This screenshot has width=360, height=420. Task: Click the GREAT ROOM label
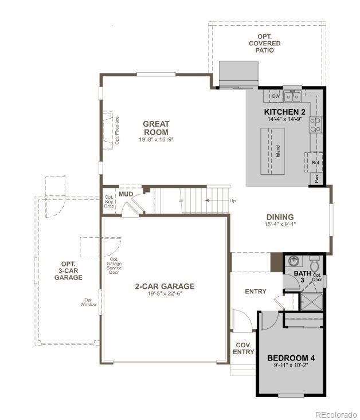point(156,128)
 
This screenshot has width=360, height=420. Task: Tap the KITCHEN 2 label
point(284,111)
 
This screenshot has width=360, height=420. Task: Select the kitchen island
point(272,151)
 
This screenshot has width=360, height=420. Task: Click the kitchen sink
point(293,96)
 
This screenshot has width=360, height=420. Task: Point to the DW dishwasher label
point(276,96)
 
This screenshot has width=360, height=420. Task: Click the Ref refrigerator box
point(315,162)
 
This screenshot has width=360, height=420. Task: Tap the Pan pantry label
point(316,179)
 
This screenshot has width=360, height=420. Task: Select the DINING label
point(280,217)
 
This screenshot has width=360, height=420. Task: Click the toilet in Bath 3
point(315,265)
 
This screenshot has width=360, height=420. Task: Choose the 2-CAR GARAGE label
point(165,286)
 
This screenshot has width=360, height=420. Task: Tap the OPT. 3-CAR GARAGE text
point(68,270)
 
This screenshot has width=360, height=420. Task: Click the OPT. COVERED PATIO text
point(265,43)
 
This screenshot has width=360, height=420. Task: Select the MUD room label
point(126,194)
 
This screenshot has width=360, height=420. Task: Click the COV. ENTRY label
point(243,348)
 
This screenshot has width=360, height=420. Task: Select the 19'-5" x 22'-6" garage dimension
point(165,295)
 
